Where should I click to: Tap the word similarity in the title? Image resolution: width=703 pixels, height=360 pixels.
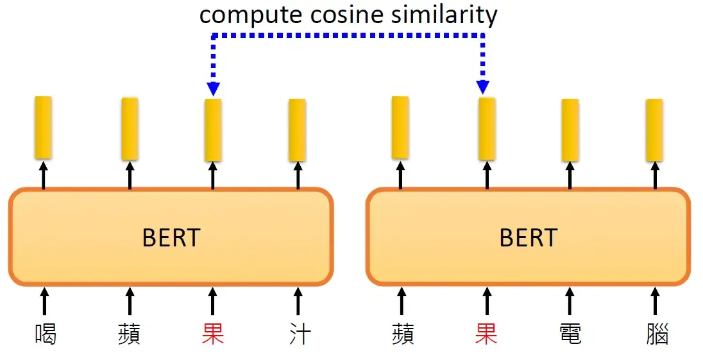tap(439, 15)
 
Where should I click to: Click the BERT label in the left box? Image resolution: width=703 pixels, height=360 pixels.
tap(171, 238)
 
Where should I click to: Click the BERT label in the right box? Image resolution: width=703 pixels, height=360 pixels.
tap(528, 238)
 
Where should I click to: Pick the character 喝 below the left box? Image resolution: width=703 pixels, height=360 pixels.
tap(44, 334)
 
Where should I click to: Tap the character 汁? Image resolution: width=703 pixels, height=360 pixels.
tap(299, 334)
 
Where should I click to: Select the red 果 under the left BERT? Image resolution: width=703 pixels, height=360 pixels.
tap(213, 334)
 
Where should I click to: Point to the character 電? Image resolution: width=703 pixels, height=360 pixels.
tap(570, 334)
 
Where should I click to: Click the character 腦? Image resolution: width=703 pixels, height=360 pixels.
tap(656, 334)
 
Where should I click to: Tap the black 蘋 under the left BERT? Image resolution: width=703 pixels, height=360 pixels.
tap(129, 334)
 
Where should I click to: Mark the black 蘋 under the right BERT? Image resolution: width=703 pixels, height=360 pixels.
tap(402, 334)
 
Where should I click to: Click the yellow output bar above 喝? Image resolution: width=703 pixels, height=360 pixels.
tap(43, 127)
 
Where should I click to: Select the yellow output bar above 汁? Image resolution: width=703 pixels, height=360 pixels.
tap(297, 130)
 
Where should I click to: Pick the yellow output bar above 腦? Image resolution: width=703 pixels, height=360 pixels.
tap(654, 130)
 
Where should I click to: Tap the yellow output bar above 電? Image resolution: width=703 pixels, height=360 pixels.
tap(570, 130)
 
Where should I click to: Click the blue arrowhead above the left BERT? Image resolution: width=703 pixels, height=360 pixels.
tap(213, 89)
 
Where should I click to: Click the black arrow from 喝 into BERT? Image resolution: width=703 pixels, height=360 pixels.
tap(44, 300)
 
